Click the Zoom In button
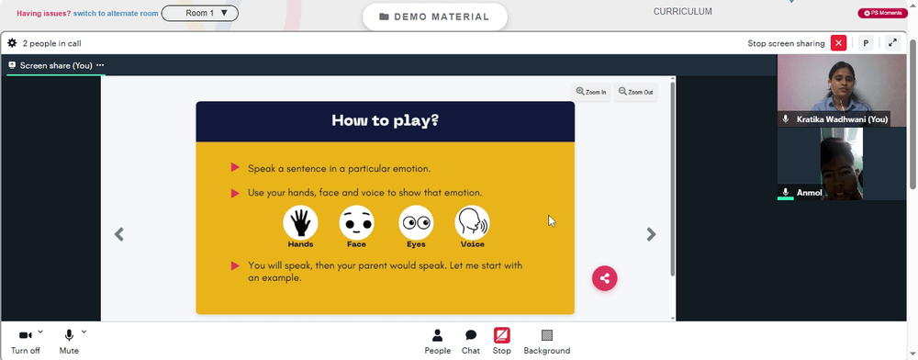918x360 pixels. tap(591, 92)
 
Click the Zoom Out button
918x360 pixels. tap(636, 92)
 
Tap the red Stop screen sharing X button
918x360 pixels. tap(838, 43)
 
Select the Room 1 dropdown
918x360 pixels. tap(199, 13)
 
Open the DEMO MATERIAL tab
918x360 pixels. tap(434, 17)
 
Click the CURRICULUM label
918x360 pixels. tap(683, 11)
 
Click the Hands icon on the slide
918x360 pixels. tap(300, 222)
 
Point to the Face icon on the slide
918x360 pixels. tap(356, 222)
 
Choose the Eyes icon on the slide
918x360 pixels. tap(416, 222)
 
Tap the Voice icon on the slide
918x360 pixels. tap(473, 222)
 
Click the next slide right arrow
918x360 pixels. tap(651, 234)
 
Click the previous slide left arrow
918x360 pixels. tap(118, 234)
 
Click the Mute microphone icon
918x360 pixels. tap(69, 335)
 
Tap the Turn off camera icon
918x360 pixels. tap(25, 335)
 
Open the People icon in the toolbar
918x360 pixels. tap(437, 335)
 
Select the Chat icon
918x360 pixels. tap(471, 335)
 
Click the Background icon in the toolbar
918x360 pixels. tap(547, 335)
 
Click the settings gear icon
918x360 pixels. tap(12, 43)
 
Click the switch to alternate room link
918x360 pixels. tap(116, 13)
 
